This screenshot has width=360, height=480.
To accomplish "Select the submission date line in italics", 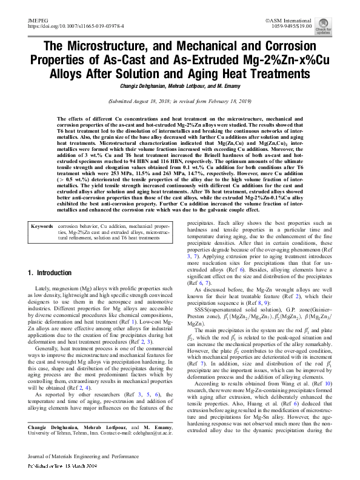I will pos(179,102).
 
